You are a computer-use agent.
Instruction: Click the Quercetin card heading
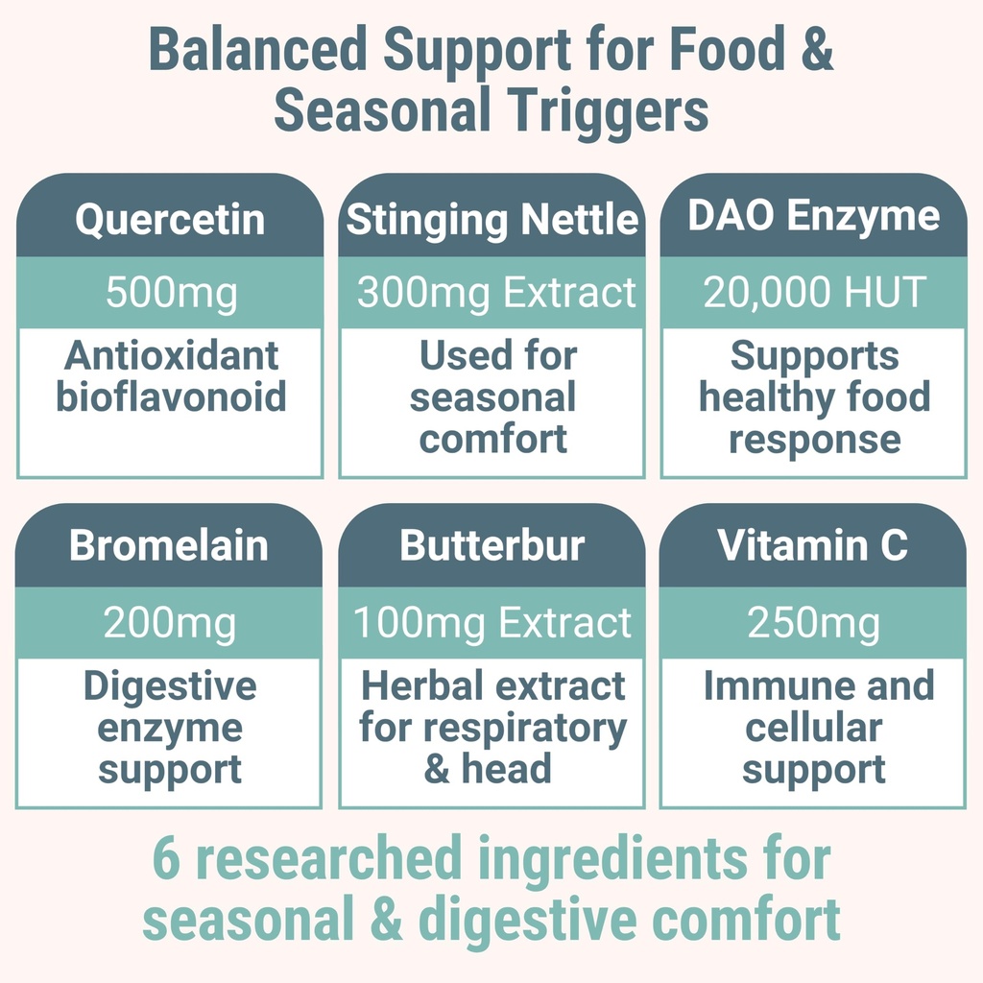pyautogui.click(x=170, y=220)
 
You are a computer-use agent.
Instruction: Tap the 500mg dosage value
pyautogui.click(x=170, y=293)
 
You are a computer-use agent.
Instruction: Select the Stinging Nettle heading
pyautogui.click(x=491, y=220)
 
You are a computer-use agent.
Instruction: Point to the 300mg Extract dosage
pyautogui.click(x=496, y=293)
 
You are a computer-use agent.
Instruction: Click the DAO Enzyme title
pyautogui.click(x=813, y=217)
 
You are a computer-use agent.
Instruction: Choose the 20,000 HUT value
pyautogui.click(x=814, y=293)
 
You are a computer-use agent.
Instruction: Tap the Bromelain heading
pyautogui.click(x=169, y=546)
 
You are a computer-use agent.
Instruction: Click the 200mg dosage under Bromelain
pyautogui.click(x=169, y=624)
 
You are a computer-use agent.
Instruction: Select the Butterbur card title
pyautogui.click(x=491, y=546)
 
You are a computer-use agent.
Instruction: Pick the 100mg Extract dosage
pyautogui.click(x=492, y=624)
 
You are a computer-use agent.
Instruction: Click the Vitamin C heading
pyautogui.click(x=812, y=546)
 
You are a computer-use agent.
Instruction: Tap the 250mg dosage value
pyautogui.click(x=813, y=624)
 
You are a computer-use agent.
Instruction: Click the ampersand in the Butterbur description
pyautogui.click(x=437, y=770)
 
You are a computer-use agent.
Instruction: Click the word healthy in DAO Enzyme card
pyautogui.click(x=756, y=397)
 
